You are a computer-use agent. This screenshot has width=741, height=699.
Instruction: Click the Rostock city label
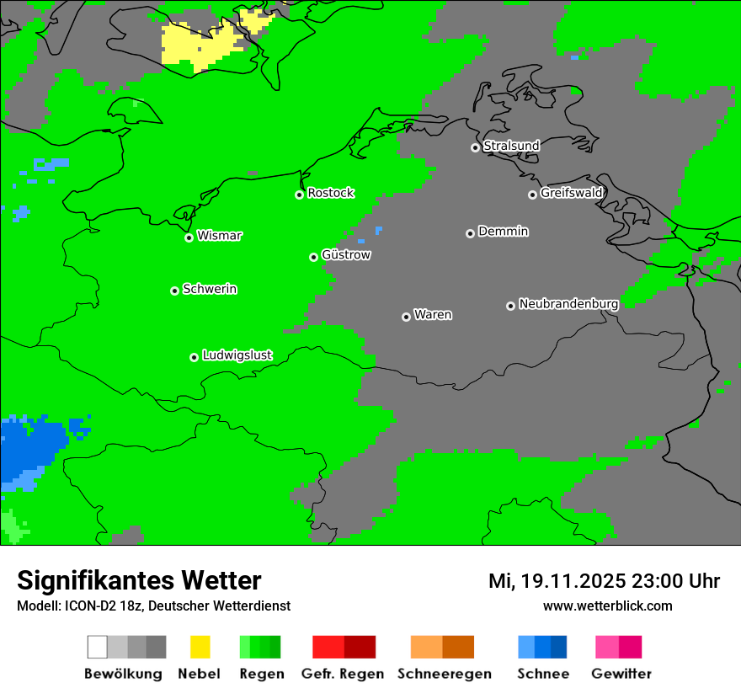(330, 193)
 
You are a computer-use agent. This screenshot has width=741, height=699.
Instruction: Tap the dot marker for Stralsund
(475, 147)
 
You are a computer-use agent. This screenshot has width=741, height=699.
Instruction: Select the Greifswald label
(571, 193)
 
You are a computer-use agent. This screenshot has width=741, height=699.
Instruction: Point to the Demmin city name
(503, 231)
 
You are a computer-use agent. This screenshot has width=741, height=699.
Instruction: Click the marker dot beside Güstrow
(313, 257)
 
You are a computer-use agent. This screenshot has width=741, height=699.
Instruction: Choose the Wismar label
(219, 236)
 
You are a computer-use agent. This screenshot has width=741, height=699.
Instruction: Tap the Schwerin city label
(210, 289)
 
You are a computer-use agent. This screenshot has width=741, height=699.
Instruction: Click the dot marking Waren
(406, 317)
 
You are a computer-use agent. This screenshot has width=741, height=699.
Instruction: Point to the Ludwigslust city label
(237, 355)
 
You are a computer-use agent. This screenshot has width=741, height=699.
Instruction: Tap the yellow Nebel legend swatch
(200, 647)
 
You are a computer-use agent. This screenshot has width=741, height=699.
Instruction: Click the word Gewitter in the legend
(621, 674)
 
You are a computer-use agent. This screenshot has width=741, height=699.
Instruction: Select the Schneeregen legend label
(445, 674)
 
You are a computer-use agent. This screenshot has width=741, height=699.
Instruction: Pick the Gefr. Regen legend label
(342, 674)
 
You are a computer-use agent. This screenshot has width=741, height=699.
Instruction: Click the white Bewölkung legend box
(97, 647)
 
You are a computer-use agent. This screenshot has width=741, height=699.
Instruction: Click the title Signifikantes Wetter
(139, 581)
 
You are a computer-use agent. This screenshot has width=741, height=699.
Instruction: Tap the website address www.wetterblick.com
(607, 606)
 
